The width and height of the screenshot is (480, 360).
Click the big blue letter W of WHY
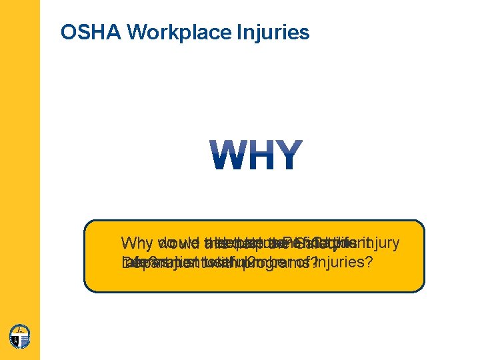pos(228,155)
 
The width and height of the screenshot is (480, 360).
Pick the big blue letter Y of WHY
pos(289,155)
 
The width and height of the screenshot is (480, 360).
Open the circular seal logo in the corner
pos(20,335)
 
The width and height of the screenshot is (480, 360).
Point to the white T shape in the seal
pos(20,335)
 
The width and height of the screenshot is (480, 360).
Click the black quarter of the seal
pos(15,340)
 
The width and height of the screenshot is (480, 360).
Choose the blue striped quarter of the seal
pos(25,341)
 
